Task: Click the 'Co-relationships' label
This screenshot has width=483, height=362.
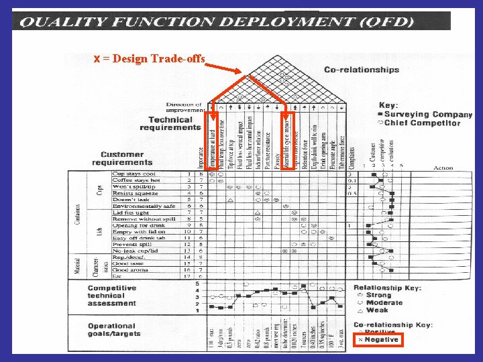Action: coord(362,70)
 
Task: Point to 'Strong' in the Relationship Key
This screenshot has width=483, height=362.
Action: coord(378,295)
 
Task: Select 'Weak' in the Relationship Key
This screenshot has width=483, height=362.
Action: coord(376,310)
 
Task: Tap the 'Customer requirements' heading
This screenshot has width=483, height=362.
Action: coord(122,158)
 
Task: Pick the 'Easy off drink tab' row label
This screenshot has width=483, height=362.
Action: coord(139,238)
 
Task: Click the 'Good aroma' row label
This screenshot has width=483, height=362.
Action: coord(130,269)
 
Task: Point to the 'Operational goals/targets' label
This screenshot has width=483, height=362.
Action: coord(115,330)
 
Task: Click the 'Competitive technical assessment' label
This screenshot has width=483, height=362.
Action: coord(112,295)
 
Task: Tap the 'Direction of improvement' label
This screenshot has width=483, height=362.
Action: coord(184,108)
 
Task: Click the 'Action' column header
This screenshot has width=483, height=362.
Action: coord(443,168)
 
